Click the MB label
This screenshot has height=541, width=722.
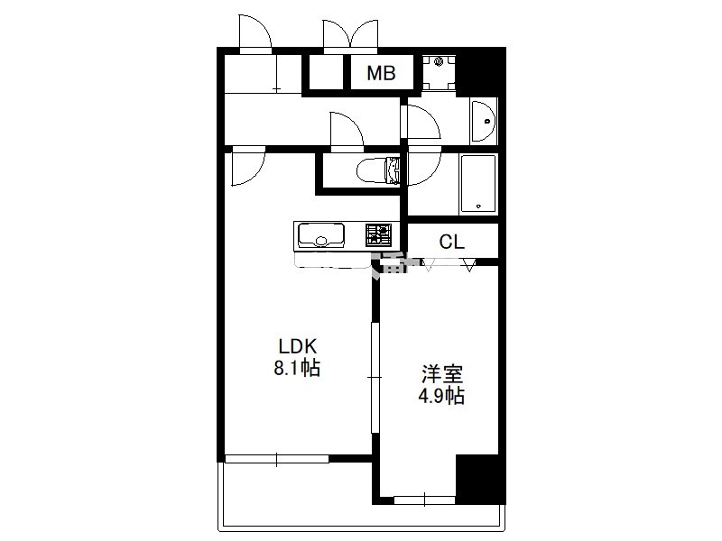381,73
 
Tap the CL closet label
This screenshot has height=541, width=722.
452,242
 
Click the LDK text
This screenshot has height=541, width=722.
297,346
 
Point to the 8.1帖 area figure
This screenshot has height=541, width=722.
297,368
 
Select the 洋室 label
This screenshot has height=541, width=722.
442,374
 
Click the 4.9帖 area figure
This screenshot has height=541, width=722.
441,396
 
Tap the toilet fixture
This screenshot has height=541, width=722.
378,170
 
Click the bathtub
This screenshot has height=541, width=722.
478,184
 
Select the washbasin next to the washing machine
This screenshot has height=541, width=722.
483,121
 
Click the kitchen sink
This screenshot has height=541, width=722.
321,235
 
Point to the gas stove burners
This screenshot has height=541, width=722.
378,235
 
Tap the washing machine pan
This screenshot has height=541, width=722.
439,73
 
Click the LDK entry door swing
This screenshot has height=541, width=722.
247,166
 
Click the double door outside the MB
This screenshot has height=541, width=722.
350,34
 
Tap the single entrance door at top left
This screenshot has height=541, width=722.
255,32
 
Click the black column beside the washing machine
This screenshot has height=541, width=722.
480,72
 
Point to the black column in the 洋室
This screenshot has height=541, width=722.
480,479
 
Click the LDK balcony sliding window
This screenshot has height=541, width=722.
277,459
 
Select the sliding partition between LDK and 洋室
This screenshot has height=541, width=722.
375,377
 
